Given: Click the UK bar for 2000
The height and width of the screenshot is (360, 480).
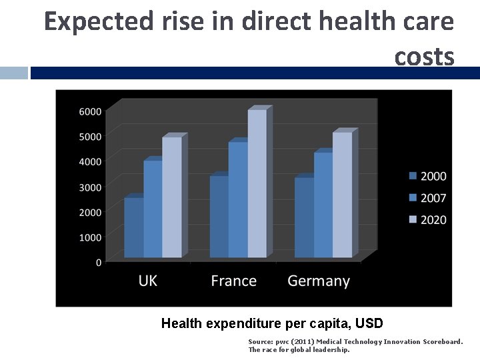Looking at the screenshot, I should point(133,228).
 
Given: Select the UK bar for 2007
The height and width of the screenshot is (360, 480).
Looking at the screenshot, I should point(153,209).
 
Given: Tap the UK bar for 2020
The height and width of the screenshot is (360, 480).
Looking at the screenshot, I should point(172,197).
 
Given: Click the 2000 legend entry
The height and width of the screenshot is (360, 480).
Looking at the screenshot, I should point(427,176).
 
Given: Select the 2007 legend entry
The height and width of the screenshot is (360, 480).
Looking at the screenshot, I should point(427,198).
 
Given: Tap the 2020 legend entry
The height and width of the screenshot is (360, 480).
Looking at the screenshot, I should point(427,219).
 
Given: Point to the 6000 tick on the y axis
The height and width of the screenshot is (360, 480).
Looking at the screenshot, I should point(91,111).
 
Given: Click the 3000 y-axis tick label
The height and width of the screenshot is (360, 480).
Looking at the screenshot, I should point(91,187).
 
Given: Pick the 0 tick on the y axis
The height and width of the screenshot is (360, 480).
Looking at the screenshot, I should point(99,263).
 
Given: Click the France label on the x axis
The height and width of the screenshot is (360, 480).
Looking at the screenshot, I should point(233,281).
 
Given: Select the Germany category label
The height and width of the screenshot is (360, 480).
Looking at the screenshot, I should point(319,281).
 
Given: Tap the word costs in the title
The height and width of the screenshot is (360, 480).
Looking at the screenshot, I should point(424,57).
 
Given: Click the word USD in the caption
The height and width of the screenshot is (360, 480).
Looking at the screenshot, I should point(369,324).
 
